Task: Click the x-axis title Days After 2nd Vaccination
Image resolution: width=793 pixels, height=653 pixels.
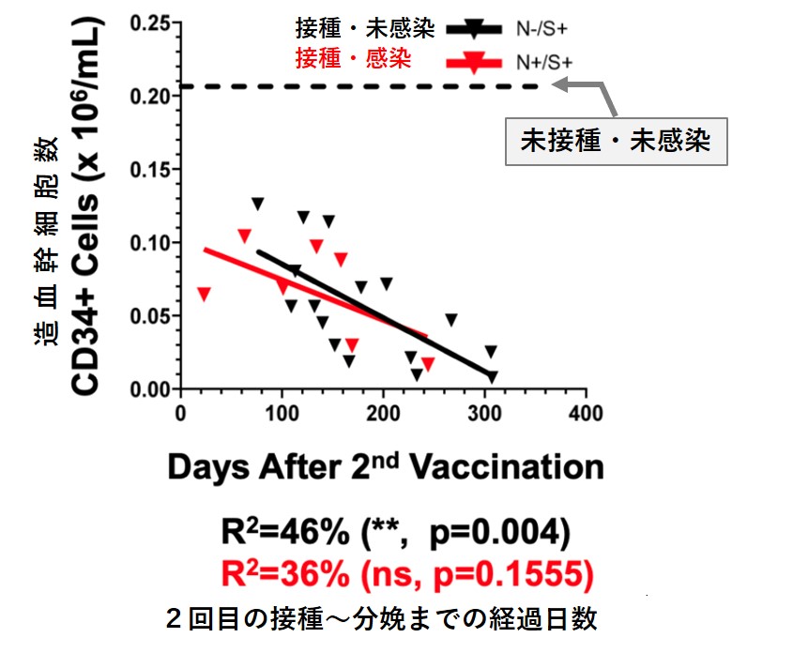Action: coord(385,466)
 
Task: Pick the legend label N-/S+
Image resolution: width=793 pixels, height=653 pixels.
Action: coord(541,29)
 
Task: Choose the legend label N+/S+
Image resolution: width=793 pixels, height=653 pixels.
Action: coord(542,62)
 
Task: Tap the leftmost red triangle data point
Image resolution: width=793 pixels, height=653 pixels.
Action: coord(204,294)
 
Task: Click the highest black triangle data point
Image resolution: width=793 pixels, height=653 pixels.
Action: coord(257,204)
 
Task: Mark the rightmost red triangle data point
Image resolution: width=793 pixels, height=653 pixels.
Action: coord(428,363)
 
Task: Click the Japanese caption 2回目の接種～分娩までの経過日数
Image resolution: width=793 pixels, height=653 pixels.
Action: coord(380,619)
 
